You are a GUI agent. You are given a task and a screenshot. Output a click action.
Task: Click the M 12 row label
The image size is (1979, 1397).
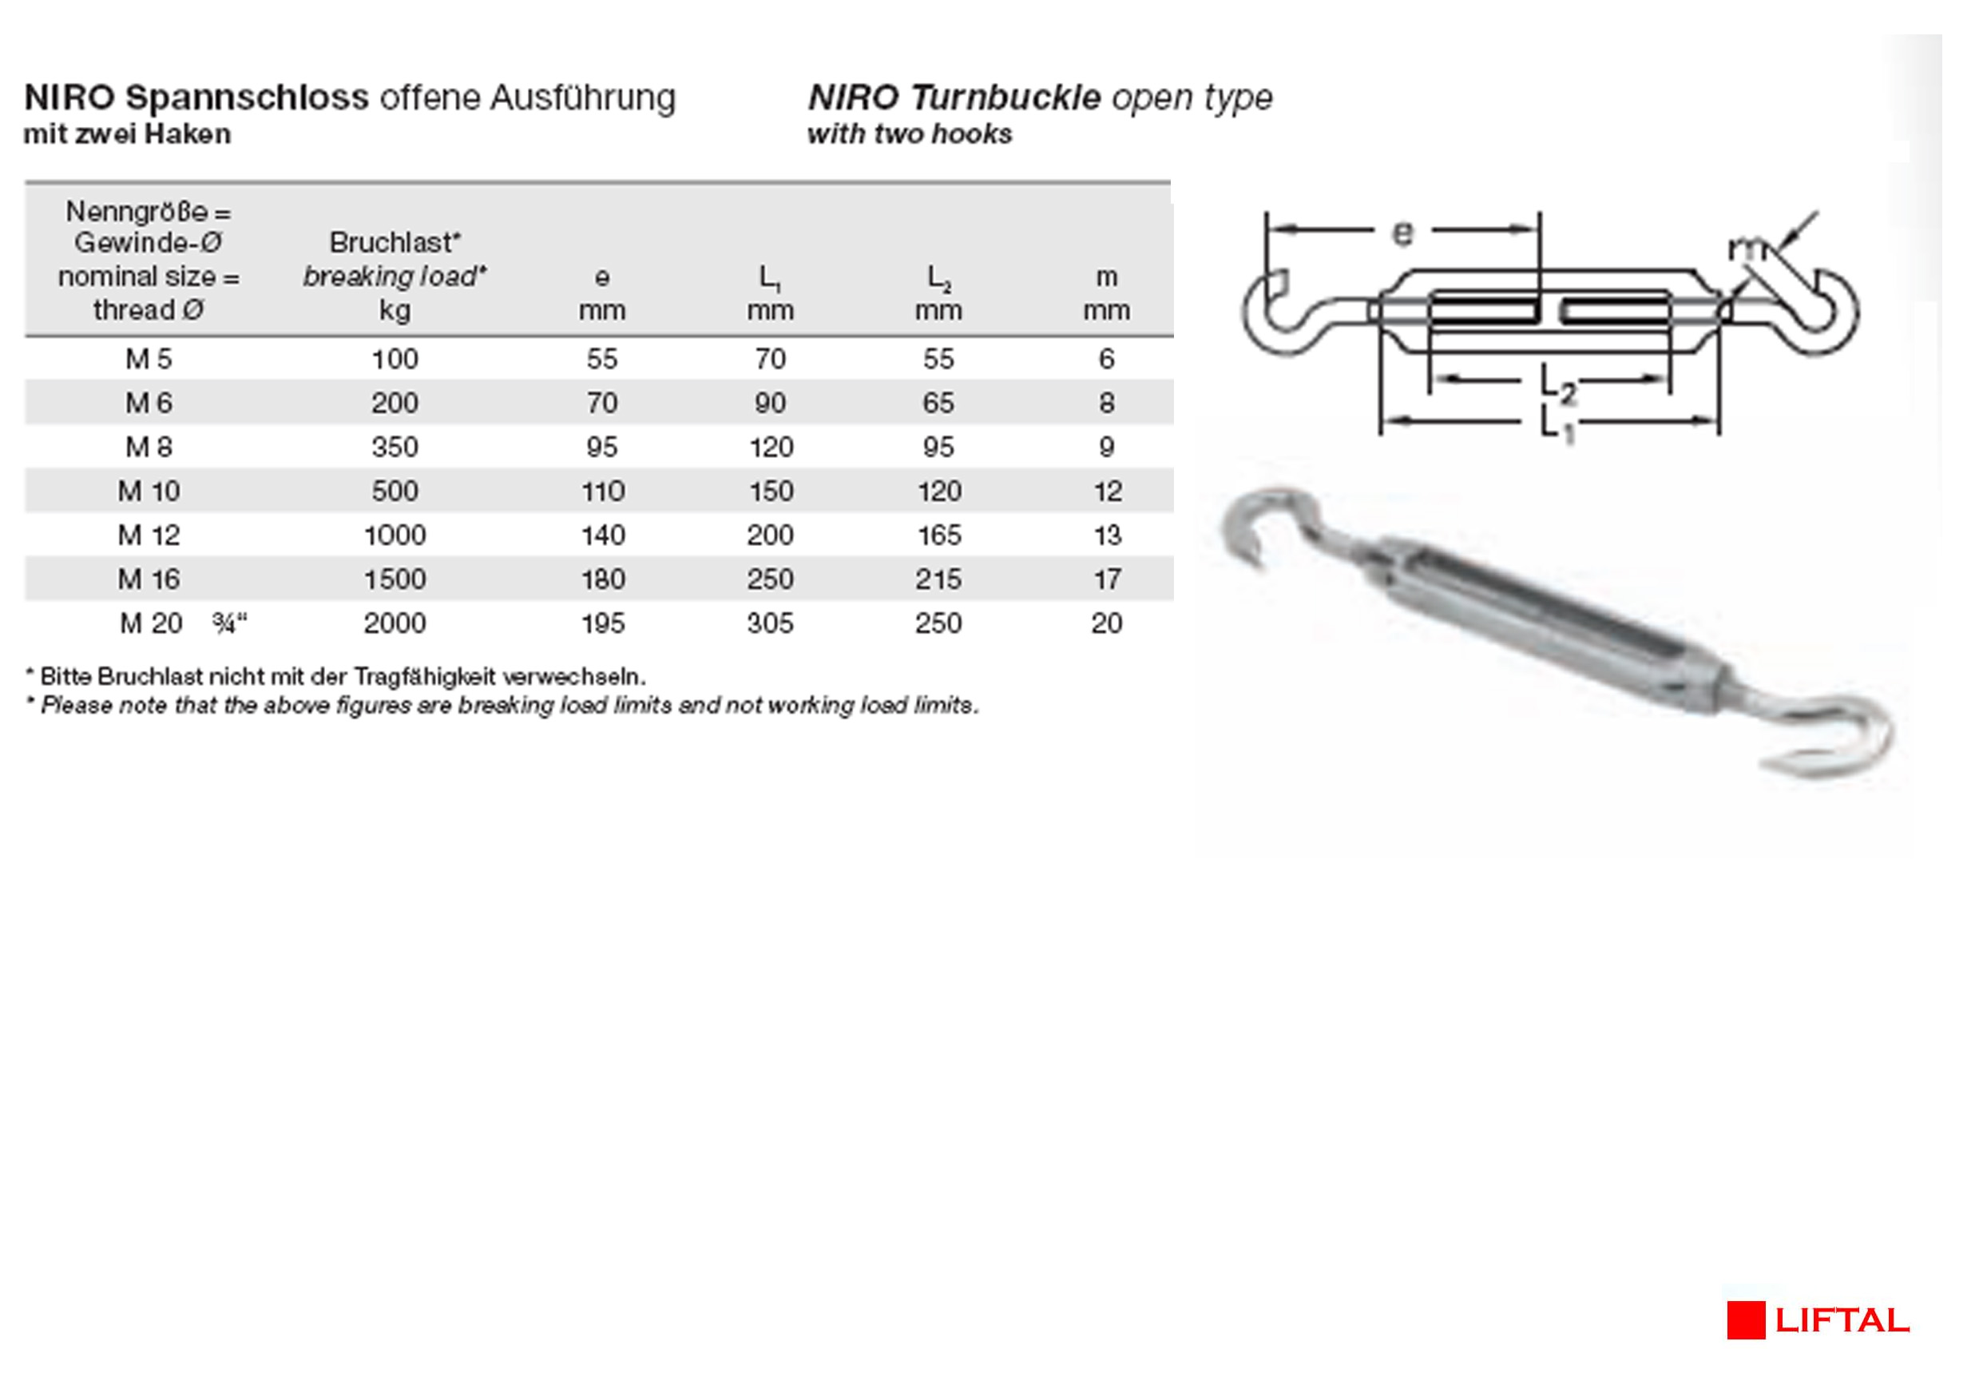coord(149,535)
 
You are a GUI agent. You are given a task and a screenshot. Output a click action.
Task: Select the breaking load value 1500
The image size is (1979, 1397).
coord(395,579)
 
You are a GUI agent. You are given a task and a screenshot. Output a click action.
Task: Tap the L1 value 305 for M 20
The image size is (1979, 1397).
coord(770,623)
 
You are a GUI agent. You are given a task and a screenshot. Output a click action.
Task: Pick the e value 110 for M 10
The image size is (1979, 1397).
coord(602,492)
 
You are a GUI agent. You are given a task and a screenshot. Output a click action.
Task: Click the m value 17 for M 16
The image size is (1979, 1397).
coord(1107,579)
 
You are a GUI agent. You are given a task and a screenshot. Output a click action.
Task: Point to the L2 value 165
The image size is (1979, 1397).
coord(938,535)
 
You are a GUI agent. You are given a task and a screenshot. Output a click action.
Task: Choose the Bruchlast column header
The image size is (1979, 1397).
coord(395,243)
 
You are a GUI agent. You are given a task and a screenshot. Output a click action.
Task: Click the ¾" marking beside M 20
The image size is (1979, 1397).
coord(229,623)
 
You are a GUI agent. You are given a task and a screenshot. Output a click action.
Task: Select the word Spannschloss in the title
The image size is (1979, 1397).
coord(247,98)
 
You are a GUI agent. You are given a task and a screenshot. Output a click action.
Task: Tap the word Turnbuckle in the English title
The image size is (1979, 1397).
coord(1005,98)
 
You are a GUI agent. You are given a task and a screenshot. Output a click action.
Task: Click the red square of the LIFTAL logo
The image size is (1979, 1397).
coord(1746,1320)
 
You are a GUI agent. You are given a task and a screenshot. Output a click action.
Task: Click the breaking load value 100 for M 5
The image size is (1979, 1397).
coord(395,360)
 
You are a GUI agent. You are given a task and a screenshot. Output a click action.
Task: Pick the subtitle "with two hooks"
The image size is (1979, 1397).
coord(910,134)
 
